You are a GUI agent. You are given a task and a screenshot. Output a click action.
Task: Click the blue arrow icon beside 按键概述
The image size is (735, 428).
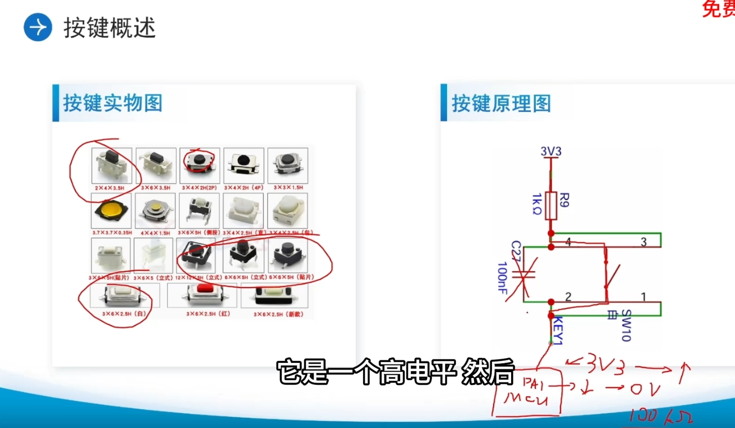click(x=38, y=27)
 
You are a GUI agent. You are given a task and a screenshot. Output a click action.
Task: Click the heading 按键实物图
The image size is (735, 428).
click(x=112, y=103)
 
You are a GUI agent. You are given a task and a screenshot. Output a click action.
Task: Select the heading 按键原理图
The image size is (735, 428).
click(x=501, y=103)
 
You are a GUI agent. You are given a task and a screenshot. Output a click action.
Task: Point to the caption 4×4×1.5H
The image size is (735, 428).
click(x=156, y=233)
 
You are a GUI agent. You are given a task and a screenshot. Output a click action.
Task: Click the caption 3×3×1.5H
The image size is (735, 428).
click(x=288, y=188)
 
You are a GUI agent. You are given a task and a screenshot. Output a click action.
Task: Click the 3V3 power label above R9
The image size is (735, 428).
click(x=550, y=152)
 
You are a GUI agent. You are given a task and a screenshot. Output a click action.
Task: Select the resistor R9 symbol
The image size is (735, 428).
click(x=551, y=205)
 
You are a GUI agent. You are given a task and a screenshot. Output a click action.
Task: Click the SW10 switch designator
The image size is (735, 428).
click(x=626, y=325)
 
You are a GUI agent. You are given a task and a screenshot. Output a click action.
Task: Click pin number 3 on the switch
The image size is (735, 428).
click(x=643, y=242)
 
